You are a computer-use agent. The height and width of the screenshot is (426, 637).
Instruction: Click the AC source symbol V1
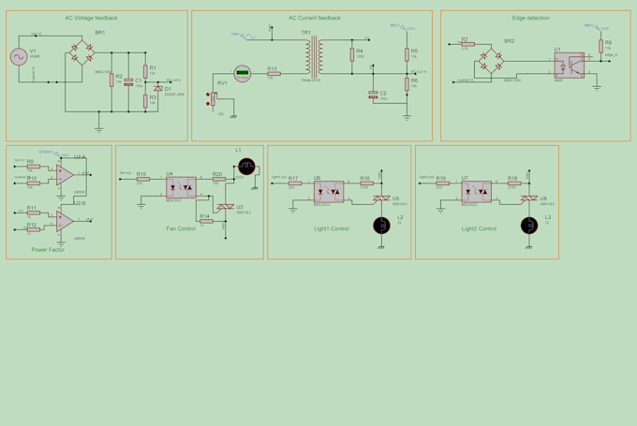(x=18, y=58)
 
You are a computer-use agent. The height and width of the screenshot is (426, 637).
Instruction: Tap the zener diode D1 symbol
(x=158, y=88)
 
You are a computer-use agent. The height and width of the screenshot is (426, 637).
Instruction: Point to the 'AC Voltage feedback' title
(x=91, y=18)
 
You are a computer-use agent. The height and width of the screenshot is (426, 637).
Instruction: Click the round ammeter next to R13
(x=242, y=72)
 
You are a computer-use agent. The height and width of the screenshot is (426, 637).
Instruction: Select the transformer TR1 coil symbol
(x=312, y=56)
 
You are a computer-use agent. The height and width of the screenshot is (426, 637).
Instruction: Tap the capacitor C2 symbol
(x=373, y=95)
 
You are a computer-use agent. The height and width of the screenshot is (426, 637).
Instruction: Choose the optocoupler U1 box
(x=568, y=66)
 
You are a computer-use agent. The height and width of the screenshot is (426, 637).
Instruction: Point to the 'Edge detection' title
(x=531, y=18)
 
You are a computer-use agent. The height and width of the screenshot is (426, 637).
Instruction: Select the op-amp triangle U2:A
(x=65, y=174)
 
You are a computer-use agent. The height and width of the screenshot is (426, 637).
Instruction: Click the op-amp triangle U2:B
(x=65, y=221)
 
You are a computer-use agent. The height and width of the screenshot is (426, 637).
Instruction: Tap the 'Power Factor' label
(x=48, y=250)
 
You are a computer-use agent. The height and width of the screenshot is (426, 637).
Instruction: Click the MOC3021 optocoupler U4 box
(x=181, y=187)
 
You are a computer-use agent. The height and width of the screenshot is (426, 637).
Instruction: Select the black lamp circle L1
(x=246, y=167)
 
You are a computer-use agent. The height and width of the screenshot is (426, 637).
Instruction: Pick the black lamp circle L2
(x=380, y=226)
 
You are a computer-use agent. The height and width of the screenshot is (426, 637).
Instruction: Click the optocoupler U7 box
(x=476, y=192)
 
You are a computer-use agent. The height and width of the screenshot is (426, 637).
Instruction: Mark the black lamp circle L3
(x=528, y=226)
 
